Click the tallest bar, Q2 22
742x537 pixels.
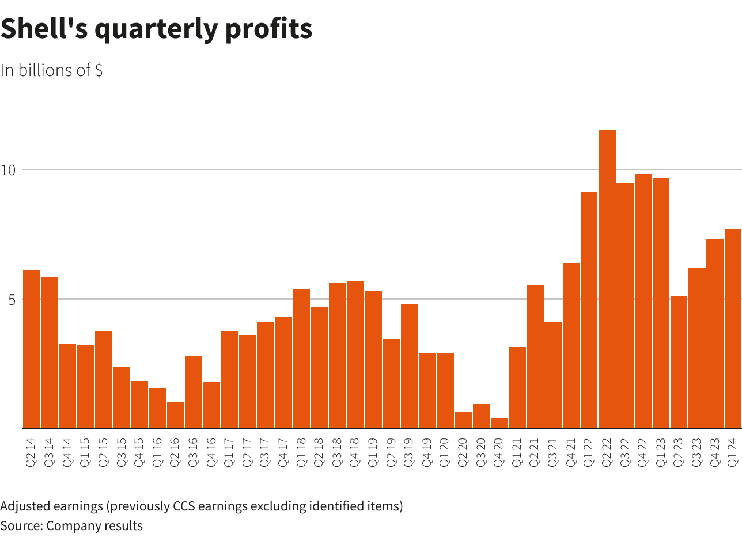(x=607, y=279)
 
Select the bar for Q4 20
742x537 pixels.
(x=499, y=423)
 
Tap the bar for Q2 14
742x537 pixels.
(x=32, y=349)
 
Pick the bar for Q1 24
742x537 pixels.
(x=733, y=328)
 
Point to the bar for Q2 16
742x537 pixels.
(x=175, y=415)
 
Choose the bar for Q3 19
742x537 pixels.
(x=409, y=366)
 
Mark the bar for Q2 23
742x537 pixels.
(x=679, y=362)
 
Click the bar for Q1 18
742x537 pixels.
(x=301, y=358)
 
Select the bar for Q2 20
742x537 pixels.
(x=463, y=420)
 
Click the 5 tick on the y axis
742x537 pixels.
(x=11, y=300)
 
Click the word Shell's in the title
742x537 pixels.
(x=44, y=29)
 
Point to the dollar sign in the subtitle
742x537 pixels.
(x=99, y=70)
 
